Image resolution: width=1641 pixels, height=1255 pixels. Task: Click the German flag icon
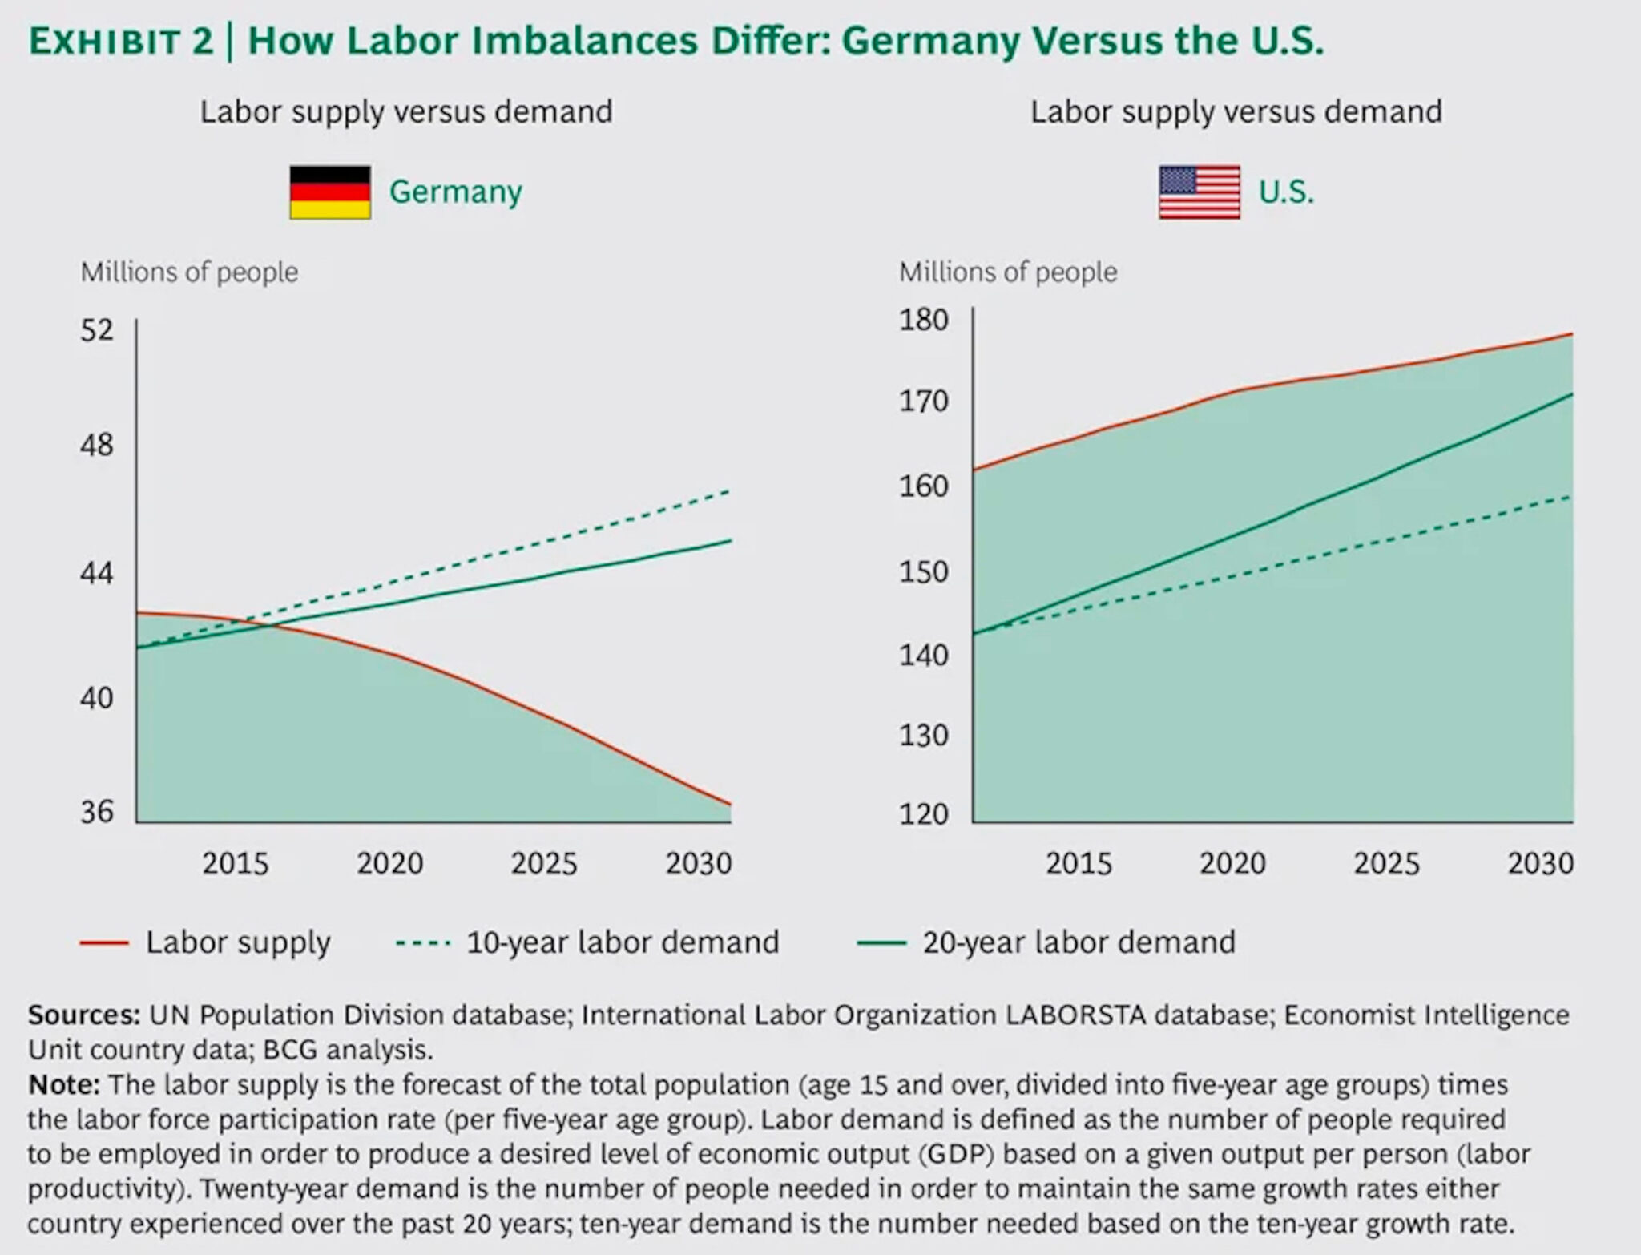(x=330, y=192)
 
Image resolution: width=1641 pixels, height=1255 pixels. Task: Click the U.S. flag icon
(x=1199, y=192)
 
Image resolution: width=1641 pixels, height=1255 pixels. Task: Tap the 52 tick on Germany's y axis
(x=97, y=330)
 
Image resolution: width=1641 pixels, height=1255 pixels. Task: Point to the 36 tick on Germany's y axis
(x=97, y=812)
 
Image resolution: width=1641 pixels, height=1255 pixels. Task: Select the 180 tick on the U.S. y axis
(x=924, y=320)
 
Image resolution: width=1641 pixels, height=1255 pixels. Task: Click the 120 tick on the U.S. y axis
(x=924, y=814)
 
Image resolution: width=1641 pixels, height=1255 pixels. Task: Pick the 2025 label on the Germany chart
(x=544, y=863)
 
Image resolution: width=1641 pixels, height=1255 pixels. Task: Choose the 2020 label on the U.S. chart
(x=1232, y=863)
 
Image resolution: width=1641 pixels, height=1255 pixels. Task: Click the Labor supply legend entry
(x=237, y=942)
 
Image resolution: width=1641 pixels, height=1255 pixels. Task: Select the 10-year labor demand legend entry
(x=622, y=942)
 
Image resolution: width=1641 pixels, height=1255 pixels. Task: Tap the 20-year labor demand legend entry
(x=1078, y=942)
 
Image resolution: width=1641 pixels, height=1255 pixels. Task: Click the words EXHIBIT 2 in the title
(x=121, y=42)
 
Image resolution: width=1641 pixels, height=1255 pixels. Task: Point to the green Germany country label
(x=455, y=192)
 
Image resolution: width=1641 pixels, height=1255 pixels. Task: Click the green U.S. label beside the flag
(x=1286, y=192)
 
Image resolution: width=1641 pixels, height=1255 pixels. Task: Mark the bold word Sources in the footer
(x=84, y=1015)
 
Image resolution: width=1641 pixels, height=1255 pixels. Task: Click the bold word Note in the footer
(x=64, y=1085)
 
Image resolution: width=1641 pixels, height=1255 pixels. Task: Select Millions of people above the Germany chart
(x=189, y=272)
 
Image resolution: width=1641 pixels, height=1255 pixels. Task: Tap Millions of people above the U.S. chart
(x=1008, y=272)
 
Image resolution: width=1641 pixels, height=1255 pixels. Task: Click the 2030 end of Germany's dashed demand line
(x=728, y=490)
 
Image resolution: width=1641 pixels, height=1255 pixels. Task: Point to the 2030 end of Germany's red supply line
(x=729, y=804)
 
